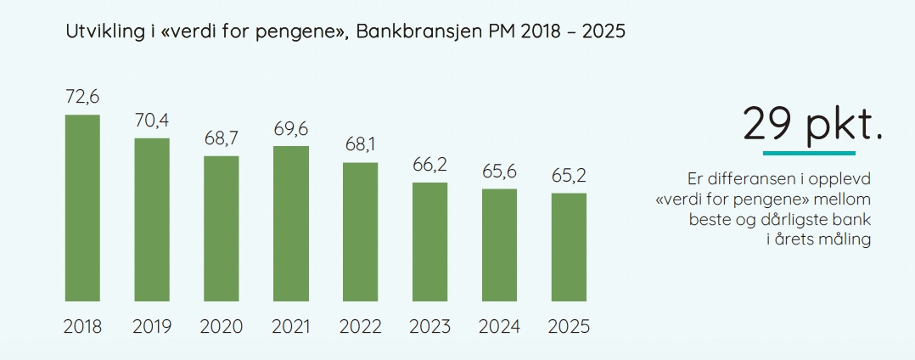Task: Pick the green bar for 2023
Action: [429, 241]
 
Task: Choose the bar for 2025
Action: [569, 247]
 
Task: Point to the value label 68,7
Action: [222, 138]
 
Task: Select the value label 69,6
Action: [291, 129]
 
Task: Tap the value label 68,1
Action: [361, 144]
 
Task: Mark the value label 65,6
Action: [499, 172]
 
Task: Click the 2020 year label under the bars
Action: [222, 327]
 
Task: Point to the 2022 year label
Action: [361, 327]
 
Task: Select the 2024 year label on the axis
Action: [499, 327]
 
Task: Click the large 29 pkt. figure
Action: [812, 124]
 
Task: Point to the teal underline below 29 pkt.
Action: [809, 153]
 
